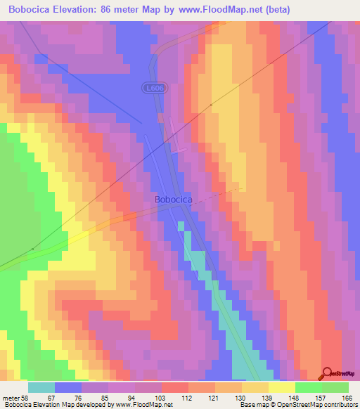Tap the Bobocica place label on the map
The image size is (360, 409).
(174, 200)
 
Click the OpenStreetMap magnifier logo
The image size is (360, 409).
(327, 373)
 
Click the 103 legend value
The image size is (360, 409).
(161, 397)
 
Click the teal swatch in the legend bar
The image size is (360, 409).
(41, 387)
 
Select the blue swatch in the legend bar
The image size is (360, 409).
(68, 387)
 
